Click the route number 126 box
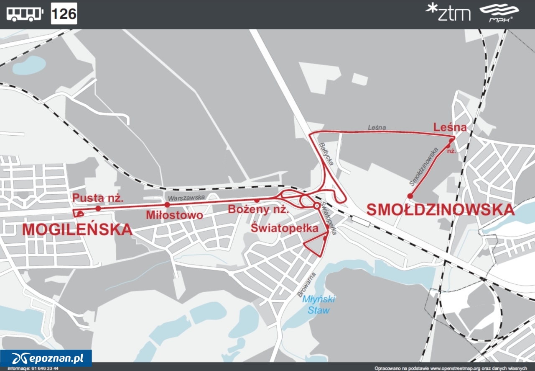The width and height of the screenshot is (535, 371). point(64,13)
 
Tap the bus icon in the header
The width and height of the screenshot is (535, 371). point(25,14)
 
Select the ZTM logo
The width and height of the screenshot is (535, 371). point(448,13)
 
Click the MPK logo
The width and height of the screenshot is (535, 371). point(504,13)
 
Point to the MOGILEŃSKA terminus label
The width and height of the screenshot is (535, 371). point(77,229)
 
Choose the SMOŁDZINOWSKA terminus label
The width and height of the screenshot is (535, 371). point(441,209)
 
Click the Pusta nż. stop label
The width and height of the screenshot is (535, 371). point(98,198)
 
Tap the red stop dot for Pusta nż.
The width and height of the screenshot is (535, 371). point(98,208)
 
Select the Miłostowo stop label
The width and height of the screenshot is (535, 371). point(174,215)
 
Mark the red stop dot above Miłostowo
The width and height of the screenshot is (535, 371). point(167,205)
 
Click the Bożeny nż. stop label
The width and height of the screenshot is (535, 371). point(258,209)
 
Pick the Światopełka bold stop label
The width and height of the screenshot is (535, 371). point(285,228)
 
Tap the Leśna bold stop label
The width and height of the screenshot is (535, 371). point(450,127)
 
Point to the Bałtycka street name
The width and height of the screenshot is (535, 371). point(326,154)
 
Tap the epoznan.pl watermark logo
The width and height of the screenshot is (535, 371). point(46,358)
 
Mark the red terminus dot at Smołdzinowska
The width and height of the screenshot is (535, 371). point(410,196)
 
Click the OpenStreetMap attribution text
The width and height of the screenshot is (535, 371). point(453,368)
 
